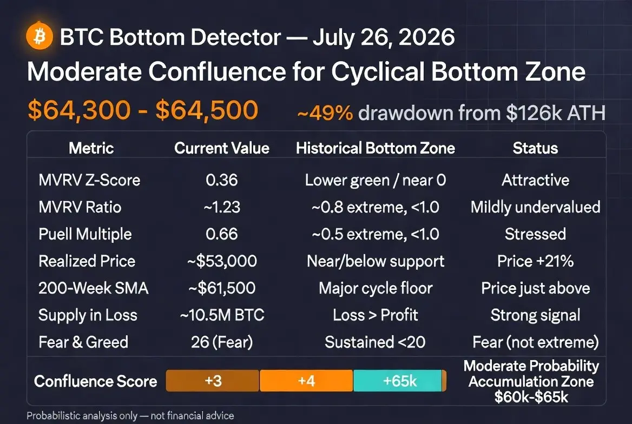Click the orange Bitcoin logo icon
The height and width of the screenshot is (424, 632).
(x=40, y=36)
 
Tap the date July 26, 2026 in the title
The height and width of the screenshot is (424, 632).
(x=384, y=37)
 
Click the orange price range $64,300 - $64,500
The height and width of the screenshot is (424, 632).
(x=143, y=110)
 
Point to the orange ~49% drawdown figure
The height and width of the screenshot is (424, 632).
(x=325, y=113)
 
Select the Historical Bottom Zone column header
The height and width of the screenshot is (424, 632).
(x=376, y=148)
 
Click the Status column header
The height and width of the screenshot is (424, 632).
(x=535, y=148)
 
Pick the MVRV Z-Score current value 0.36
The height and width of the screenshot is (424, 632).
(x=222, y=180)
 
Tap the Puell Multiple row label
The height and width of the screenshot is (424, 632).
(x=85, y=234)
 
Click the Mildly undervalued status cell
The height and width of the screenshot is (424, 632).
(x=535, y=207)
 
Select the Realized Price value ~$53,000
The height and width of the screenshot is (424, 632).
(x=222, y=261)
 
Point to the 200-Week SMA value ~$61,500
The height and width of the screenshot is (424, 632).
(x=222, y=288)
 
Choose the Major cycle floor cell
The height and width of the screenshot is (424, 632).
(x=376, y=288)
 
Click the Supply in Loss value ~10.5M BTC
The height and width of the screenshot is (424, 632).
(x=222, y=315)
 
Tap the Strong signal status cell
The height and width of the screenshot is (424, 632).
(x=535, y=315)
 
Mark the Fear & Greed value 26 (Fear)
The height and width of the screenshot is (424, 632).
(x=222, y=342)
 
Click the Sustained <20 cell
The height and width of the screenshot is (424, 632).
(x=376, y=342)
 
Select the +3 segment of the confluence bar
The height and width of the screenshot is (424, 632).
(x=213, y=381)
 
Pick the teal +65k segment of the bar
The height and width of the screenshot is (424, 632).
(x=398, y=381)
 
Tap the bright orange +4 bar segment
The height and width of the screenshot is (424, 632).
(x=306, y=381)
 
